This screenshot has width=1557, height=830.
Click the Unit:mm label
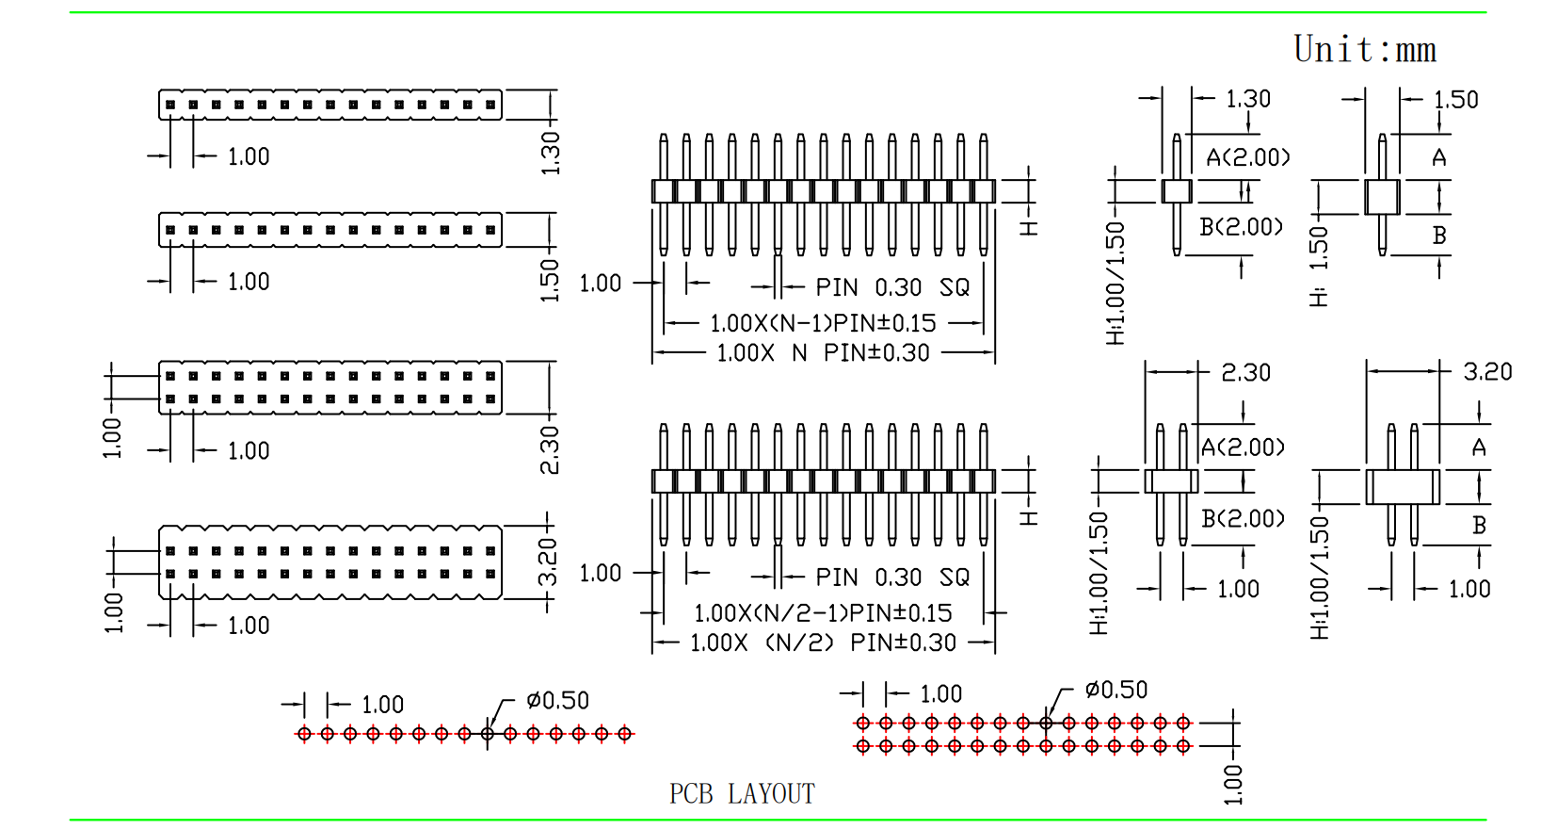pos(1364,49)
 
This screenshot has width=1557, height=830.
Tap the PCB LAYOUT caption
pos(742,794)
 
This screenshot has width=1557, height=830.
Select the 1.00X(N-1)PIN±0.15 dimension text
pos(823,323)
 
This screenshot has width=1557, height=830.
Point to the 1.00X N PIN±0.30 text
pos(823,353)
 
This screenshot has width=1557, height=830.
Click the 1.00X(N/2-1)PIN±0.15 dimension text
pos(823,613)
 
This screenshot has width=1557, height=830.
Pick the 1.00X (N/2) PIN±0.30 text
pos(823,643)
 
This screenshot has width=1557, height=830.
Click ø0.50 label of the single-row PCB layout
pos(557,701)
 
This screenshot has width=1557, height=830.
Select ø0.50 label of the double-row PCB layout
pos(1116,691)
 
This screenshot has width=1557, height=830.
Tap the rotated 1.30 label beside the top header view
pos(550,153)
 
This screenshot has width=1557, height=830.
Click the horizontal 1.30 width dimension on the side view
pos(1247,99)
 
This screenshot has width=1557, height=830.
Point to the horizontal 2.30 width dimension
pos(1245,373)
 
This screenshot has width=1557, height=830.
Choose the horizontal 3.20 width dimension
pos(1487,372)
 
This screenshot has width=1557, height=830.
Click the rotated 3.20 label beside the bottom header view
pos(548,562)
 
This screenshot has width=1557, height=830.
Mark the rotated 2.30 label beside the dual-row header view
pos(550,449)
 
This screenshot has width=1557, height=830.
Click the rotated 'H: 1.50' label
pos(1319,266)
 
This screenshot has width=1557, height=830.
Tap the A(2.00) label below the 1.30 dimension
pos(1247,157)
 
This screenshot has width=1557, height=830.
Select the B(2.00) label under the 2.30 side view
pos(1243,519)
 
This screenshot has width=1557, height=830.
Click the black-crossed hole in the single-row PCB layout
pos(488,734)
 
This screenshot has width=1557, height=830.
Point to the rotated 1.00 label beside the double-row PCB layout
pos(1232,785)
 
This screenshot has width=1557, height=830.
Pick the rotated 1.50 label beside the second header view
pos(550,280)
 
